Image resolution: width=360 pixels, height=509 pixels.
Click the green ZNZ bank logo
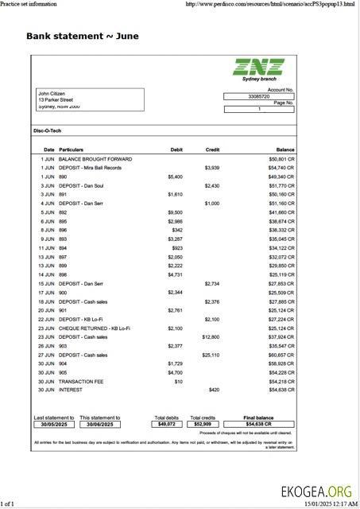[x=257, y=67]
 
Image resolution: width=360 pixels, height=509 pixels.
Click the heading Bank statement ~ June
[x=82, y=37]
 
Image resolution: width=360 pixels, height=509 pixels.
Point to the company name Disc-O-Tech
[x=47, y=130]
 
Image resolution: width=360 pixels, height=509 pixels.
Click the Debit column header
[x=176, y=150]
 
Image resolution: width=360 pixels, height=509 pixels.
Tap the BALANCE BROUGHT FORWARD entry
[x=95, y=159]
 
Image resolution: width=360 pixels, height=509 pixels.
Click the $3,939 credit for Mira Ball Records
[x=211, y=168]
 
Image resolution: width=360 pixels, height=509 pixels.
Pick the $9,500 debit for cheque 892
[x=175, y=212]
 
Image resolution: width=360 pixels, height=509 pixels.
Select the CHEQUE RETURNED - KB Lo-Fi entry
[x=95, y=328]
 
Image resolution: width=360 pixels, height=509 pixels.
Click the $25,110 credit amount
[x=210, y=355]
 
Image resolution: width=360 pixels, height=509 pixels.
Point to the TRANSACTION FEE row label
[x=83, y=381]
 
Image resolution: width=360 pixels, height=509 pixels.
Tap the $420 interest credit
[x=214, y=390]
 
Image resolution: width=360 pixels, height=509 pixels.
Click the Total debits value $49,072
[x=166, y=424]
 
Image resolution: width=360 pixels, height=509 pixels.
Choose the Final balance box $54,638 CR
[x=259, y=424]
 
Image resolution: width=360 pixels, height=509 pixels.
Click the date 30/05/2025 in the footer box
[x=53, y=424]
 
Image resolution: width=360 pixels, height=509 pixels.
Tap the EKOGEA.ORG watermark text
[x=315, y=491]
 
